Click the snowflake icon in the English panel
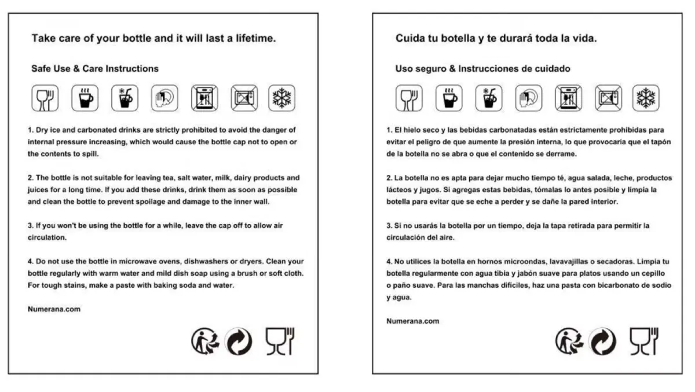tap(281, 98)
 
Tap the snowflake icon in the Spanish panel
tap(646, 98)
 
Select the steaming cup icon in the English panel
tap(85, 98)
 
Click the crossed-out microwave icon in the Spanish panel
tap(609, 98)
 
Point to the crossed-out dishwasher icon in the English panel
tap(204, 98)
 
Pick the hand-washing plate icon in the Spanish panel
tap(529, 98)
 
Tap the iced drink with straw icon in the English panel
tap(125, 98)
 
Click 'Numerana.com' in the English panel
tap(54, 309)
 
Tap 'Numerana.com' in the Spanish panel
tap(412, 321)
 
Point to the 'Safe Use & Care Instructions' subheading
tap(95, 68)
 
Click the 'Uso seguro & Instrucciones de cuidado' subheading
tap(483, 68)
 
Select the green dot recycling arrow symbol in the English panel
tap(238, 342)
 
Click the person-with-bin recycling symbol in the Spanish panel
tap(569, 341)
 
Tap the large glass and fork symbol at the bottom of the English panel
tap(280, 341)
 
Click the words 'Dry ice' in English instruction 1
tap(46, 130)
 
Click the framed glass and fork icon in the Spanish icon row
tap(409, 98)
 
